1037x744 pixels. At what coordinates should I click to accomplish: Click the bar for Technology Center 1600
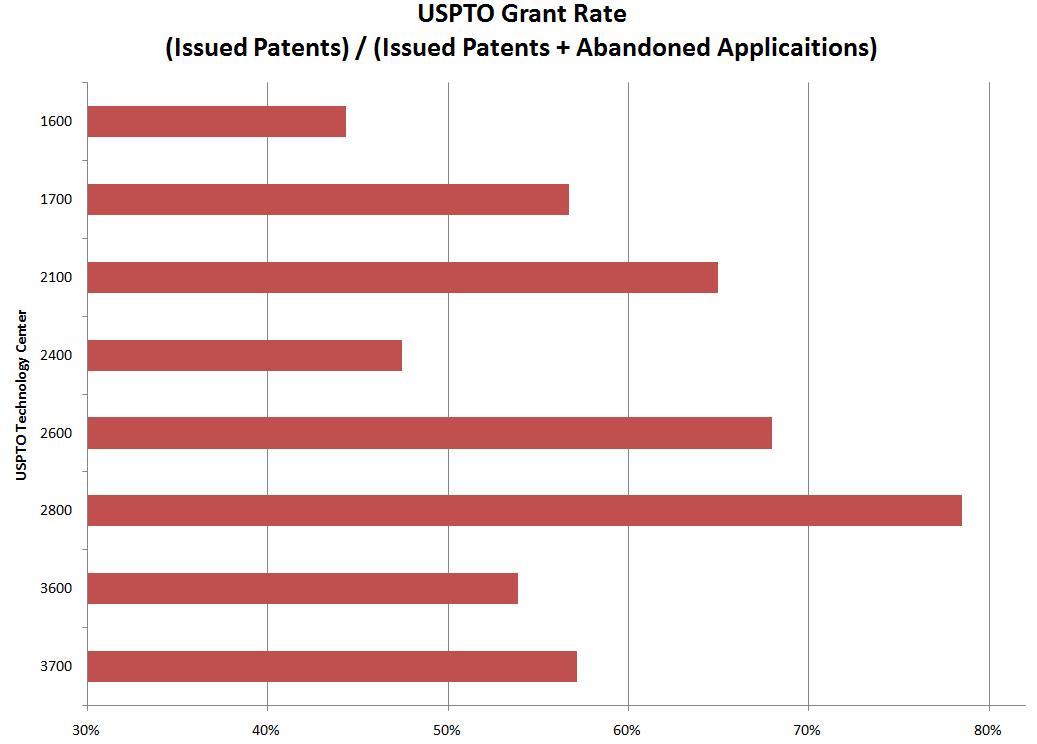click(216, 121)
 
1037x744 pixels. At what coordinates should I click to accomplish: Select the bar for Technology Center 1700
click(328, 199)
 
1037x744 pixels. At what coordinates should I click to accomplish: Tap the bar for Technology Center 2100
click(402, 277)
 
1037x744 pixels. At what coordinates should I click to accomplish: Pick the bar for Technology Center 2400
click(244, 355)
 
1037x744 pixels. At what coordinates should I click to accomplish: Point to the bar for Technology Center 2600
click(429, 433)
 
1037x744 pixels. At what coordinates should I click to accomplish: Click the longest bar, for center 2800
click(524, 510)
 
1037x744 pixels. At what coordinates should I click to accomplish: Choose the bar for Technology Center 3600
click(302, 588)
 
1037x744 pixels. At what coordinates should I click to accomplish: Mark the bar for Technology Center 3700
click(332, 666)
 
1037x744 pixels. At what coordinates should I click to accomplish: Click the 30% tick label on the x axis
click(87, 730)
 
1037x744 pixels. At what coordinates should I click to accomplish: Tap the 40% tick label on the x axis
click(267, 730)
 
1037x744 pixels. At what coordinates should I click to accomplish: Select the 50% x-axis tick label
click(448, 730)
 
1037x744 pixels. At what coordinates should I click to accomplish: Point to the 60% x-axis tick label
click(628, 730)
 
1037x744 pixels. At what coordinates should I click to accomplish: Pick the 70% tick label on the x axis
click(808, 730)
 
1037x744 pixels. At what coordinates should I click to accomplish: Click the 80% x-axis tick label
click(988, 730)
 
